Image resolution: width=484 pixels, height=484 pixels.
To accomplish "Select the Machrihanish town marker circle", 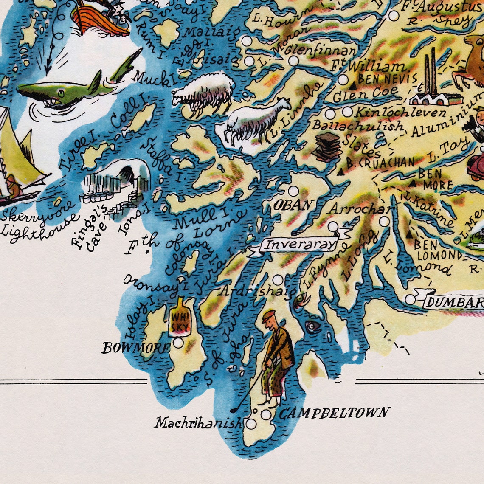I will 251,424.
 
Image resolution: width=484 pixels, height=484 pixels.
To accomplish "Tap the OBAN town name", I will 293,205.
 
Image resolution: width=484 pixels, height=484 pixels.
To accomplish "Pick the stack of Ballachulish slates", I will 327,146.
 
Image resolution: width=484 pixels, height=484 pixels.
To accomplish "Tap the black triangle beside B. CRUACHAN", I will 340,172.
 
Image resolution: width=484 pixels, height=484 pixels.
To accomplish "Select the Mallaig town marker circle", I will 247,41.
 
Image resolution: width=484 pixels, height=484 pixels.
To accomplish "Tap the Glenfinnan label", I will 321,51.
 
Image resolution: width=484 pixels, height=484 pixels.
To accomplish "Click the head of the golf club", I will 234,411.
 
